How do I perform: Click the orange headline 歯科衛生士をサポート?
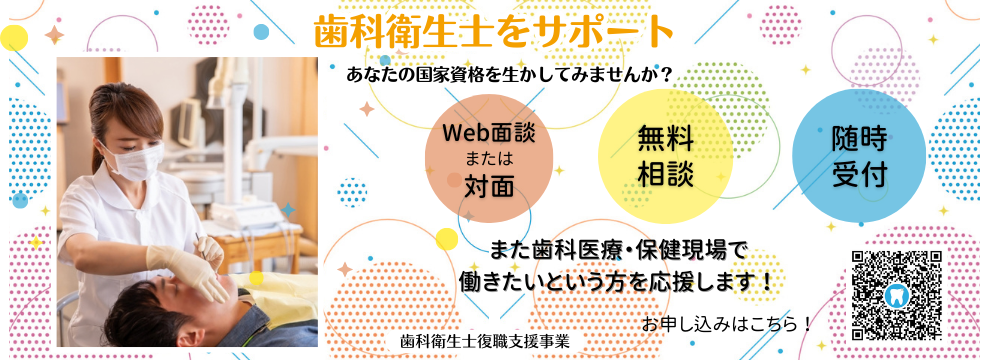coord(494,33)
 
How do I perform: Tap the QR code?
coord(896,296)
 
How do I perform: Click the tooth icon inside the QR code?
coord(896,296)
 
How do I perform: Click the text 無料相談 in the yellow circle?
coord(664,156)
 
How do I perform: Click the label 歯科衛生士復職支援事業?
coord(484,339)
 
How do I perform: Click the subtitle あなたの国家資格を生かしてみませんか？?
coord(507,75)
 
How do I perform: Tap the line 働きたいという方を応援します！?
coord(614,282)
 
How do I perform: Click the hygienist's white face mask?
coord(134,159)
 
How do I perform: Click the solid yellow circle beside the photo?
coord(14,39)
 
